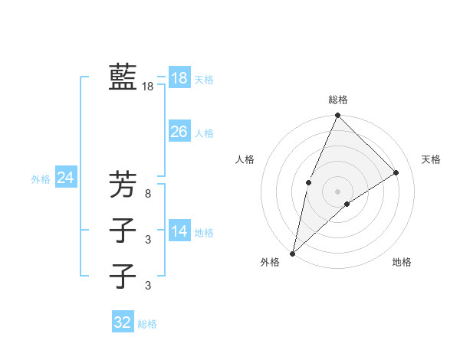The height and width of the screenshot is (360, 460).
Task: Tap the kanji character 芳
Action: [123, 185]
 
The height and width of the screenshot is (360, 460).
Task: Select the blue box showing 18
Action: [179, 78]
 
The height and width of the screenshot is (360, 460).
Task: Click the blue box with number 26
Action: [179, 132]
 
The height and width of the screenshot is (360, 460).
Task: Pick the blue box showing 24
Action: [65, 178]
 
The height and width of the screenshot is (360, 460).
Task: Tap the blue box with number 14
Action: [179, 231]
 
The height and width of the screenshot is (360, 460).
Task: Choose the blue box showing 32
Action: [123, 322]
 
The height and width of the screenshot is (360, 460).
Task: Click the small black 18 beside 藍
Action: [148, 87]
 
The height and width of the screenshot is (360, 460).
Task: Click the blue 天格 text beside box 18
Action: [204, 80]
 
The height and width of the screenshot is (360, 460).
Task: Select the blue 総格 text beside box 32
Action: [147, 324]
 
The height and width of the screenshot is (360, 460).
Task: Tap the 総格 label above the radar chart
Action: [338, 100]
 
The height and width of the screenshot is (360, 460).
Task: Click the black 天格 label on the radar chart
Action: [431, 159]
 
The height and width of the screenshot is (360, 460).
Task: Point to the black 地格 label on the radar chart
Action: [402, 262]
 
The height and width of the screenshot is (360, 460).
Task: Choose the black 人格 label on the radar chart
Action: [245, 159]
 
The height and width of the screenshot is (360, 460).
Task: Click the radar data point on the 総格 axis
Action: [337, 116]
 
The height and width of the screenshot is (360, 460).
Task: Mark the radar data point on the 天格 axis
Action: [396, 172]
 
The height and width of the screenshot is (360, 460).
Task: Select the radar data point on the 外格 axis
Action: [292, 253]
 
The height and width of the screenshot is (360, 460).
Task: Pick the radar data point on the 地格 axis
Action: [347, 204]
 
